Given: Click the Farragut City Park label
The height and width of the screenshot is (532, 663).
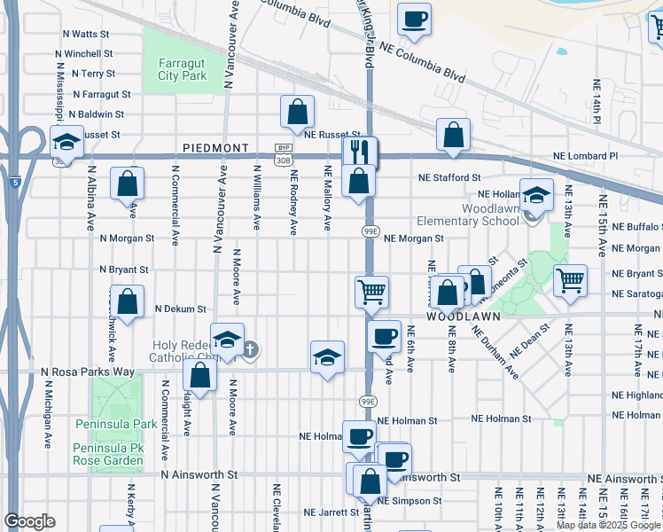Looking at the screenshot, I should click(183, 69).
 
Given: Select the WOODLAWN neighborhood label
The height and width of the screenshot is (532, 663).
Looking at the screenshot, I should click(464, 316).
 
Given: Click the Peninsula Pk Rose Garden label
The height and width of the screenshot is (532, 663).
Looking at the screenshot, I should click(107, 455).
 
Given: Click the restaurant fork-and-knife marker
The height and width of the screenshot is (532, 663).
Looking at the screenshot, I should click(360, 153).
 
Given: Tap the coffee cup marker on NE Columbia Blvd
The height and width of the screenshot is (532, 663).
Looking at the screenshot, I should click(414, 20).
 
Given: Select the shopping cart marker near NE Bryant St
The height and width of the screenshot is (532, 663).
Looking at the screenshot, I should click(570, 280).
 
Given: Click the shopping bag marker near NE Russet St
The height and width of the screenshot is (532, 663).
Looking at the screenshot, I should click(298, 113).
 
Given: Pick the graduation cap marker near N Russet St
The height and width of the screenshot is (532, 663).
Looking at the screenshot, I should click(66, 143).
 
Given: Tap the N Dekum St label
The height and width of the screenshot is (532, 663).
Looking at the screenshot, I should click(180, 309).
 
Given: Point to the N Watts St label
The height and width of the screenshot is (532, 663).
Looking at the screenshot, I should click(85, 34).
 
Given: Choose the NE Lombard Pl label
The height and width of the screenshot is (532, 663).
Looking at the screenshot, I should click(585, 156).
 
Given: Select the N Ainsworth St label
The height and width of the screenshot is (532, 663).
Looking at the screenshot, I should click(199, 475).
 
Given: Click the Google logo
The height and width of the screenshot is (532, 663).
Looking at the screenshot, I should click(30, 521).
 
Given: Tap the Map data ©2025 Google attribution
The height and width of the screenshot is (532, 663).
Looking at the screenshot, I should click(607, 525).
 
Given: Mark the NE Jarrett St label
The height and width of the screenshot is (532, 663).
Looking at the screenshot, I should click(331, 512).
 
